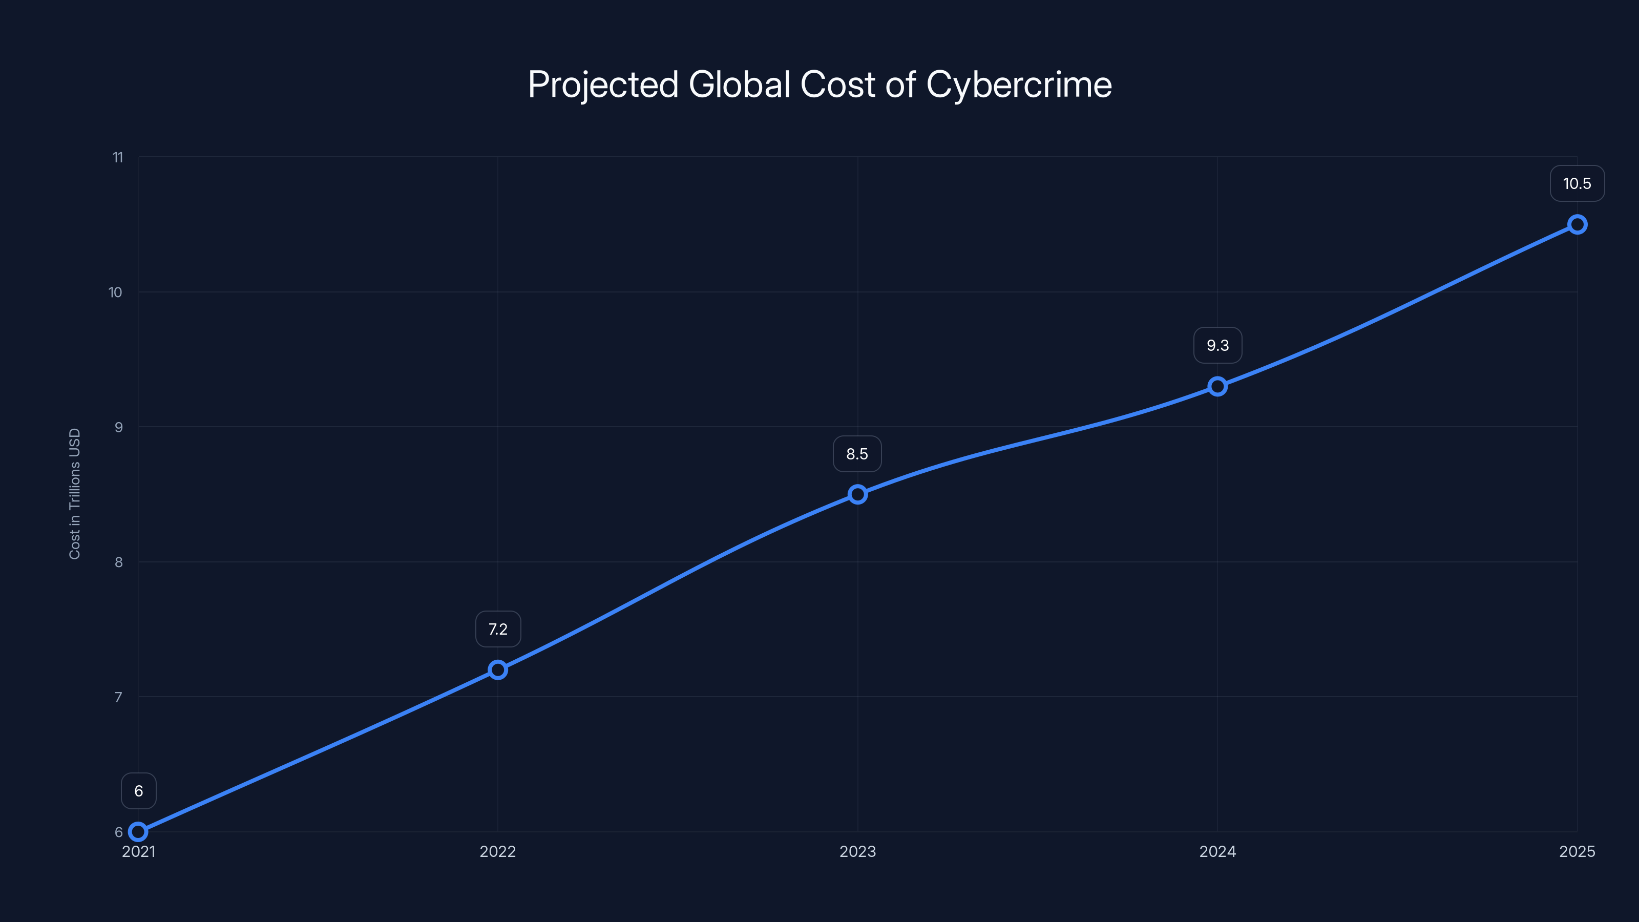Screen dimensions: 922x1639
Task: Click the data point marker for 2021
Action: tap(138, 832)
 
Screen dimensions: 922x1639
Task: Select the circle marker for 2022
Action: tap(497, 670)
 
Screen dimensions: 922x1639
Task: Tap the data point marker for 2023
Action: tap(858, 494)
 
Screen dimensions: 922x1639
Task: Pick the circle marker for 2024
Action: tap(1217, 386)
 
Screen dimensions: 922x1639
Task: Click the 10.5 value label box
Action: tap(1577, 184)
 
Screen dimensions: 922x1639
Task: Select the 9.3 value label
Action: tap(1217, 346)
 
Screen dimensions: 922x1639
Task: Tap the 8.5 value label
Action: tap(857, 454)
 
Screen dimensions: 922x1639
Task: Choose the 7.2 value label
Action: tap(497, 630)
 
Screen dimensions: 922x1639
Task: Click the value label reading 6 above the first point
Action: tap(139, 791)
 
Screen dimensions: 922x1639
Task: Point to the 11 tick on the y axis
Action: tap(118, 157)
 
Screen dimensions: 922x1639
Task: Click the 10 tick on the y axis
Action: tap(115, 292)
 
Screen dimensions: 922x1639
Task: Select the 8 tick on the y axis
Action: tap(118, 562)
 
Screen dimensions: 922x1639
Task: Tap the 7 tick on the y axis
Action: tap(118, 697)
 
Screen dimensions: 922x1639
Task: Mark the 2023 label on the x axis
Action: tap(857, 851)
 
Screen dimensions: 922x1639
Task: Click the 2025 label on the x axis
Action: tap(1577, 851)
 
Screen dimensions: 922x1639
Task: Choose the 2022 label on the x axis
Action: tap(497, 851)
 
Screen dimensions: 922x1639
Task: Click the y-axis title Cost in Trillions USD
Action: tap(74, 494)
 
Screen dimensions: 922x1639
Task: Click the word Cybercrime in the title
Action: tap(1019, 85)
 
